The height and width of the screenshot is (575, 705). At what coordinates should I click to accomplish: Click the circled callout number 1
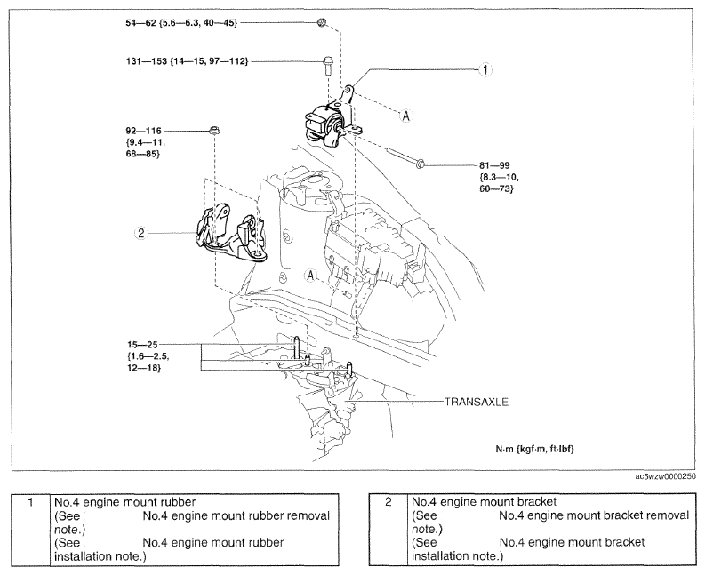click(x=485, y=69)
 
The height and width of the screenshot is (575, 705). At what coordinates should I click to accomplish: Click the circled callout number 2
click(x=141, y=233)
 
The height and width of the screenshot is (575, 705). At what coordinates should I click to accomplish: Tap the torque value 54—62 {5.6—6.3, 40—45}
click(x=181, y=22)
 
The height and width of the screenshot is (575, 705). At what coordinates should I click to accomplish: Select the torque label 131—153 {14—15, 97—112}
click(x=187, y=60)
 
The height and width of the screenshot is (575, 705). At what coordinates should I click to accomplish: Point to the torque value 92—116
click(x=143, y=131)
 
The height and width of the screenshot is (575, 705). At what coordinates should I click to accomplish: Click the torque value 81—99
click(x=494, y=165)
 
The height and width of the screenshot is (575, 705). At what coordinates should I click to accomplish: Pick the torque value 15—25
click(x=142, y=345)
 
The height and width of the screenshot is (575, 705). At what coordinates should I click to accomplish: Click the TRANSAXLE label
click(x=477, y=402)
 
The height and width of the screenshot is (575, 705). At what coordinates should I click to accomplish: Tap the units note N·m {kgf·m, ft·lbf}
click(x=534, y=449)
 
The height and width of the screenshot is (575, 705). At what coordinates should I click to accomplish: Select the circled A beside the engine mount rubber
click(x=406, y=116)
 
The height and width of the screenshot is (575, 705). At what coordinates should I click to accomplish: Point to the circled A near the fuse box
click(x=310, y=276)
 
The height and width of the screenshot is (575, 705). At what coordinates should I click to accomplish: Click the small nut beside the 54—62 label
click(x=322, y=22)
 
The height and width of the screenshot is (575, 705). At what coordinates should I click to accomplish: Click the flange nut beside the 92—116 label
click(x=214, y=132)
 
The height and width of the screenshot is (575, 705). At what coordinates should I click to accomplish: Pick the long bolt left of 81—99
click(x=405, y=158)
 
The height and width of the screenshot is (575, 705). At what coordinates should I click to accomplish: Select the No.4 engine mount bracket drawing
click(x=230, y=235)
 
